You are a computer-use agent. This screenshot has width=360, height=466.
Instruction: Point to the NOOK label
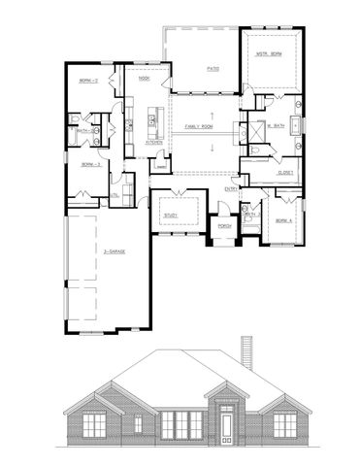[x=143, y=80]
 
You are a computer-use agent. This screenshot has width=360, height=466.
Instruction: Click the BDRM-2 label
[x=90, y=82]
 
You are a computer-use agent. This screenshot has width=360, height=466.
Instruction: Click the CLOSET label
[x=285, y=172]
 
